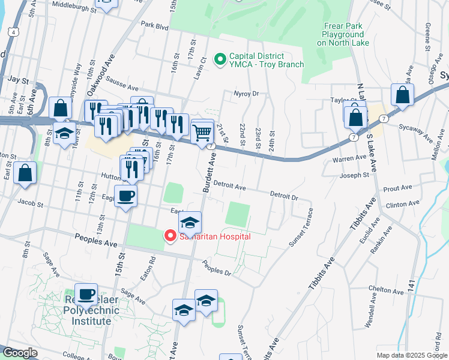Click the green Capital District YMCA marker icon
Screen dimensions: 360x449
[x=220, y=58]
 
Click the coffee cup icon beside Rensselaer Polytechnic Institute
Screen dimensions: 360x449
[x=86, y=293]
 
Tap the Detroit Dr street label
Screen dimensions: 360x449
[x=284, y=196]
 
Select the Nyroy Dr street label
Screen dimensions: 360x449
[x=246, y=94]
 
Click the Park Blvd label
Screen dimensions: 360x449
[x=155, y=26]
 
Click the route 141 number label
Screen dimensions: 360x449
[x=411, y=287]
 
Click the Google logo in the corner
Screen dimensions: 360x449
[x=20, y=353]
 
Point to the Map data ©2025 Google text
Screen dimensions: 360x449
[x=412, y=355]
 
